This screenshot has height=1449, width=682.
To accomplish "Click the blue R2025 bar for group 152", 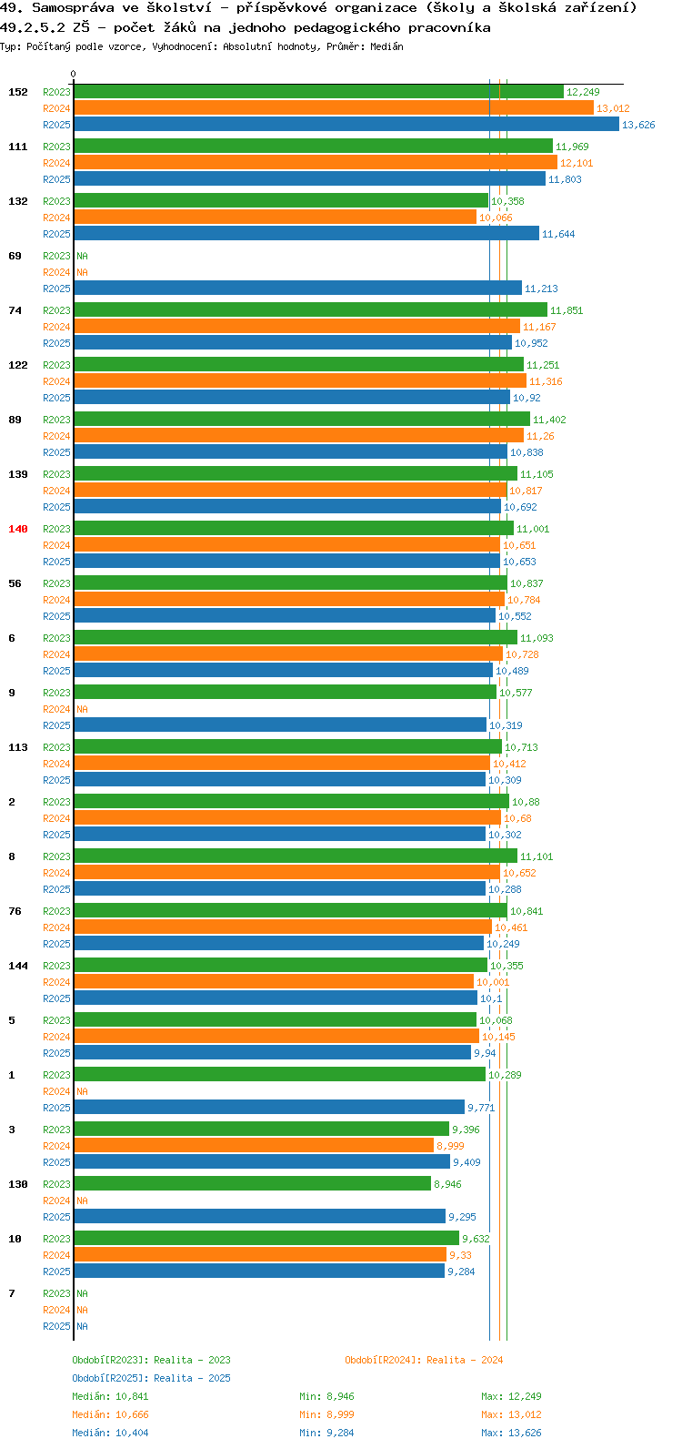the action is [346, 124].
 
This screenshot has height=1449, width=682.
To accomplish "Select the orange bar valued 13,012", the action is [334, 108].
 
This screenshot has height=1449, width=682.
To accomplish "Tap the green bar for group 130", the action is [252, 1184].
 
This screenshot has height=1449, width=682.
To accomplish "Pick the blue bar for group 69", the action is [297, 288].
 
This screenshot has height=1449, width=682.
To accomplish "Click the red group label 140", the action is [18, 529].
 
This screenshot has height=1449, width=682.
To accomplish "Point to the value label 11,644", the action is [558, 234].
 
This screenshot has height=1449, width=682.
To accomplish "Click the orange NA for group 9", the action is [82, 709].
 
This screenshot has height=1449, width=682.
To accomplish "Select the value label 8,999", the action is [450, 1146].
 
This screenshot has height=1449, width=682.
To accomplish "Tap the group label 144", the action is [18, 966].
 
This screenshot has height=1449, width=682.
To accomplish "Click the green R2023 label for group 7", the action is [57, 1293].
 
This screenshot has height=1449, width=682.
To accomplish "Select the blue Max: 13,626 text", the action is [511, 1433].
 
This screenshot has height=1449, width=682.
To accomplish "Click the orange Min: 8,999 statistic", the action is [326, 1414].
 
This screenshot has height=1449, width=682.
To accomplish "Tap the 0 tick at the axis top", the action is [73, 74].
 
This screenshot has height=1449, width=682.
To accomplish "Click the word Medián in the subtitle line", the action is [386, 46].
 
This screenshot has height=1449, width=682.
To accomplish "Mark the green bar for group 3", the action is [261, 1129].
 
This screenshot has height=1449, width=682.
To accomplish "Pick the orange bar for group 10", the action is [260, 1255].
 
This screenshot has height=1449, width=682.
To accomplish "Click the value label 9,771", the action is [482, 1108].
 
